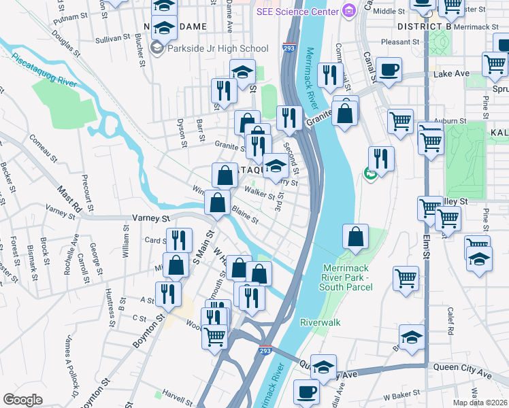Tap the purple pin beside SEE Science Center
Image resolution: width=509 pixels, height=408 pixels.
click(349, 11)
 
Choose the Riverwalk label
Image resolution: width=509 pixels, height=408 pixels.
click(320, 322)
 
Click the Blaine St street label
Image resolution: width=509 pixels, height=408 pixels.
click(245, 215)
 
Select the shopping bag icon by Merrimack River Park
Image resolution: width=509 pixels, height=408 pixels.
click(355, 237)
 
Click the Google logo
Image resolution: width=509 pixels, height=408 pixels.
click(22, 400)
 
